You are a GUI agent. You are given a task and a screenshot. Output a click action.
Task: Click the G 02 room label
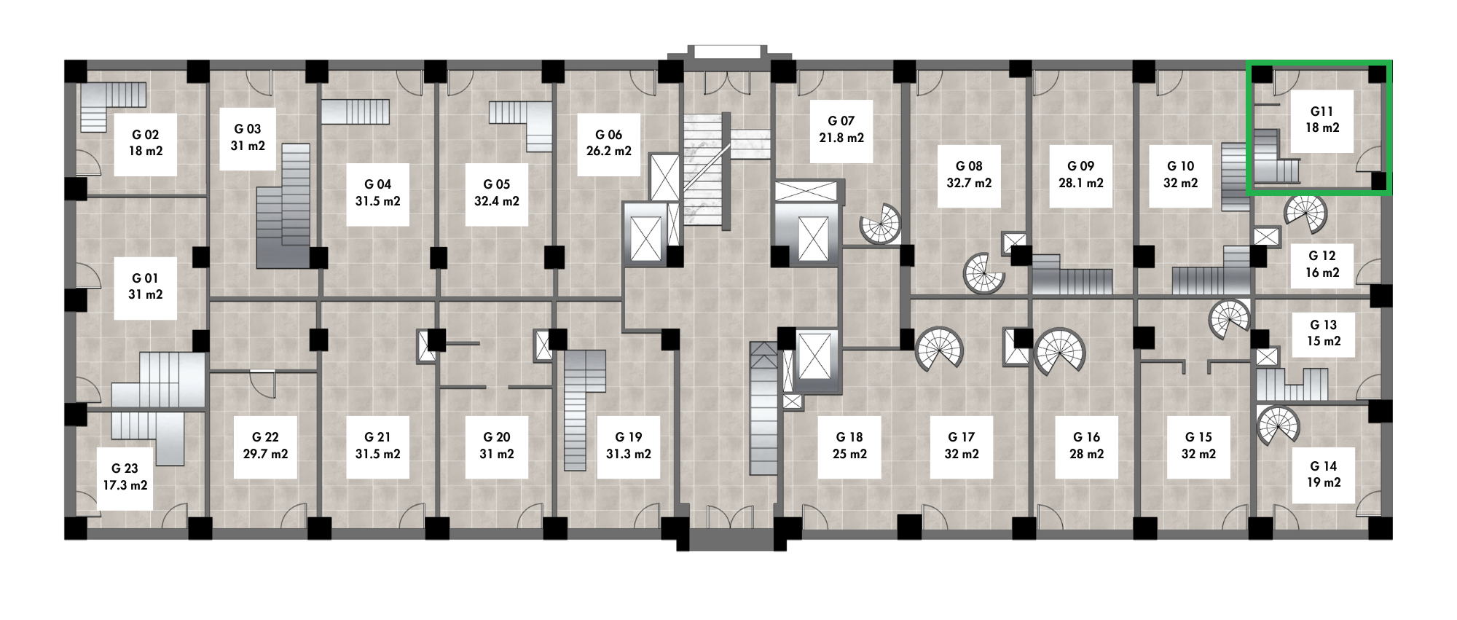(x=146, y=144)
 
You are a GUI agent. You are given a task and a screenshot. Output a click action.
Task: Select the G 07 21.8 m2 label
(x=841, y=130)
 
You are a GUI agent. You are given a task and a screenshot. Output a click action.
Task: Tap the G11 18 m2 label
(x=1321, y=120)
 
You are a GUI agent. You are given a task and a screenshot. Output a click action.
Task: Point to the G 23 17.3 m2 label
(x=125, y=477)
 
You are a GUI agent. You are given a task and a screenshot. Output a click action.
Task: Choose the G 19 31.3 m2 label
(x=629, y=446)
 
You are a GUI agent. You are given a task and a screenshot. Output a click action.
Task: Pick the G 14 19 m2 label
(x=1324, y=474)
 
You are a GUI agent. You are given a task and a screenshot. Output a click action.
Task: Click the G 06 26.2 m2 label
(x=609, y=144)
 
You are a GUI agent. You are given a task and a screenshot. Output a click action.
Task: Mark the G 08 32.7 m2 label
(x=969, y=175)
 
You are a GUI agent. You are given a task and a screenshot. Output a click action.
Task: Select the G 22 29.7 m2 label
(x=265, y=446)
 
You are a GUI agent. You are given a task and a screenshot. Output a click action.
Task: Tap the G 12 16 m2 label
(x=1322, y=264)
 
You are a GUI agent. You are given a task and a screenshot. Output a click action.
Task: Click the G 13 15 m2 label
(x=1324, y=333)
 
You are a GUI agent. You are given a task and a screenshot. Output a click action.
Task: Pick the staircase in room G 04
(x=356, y=112)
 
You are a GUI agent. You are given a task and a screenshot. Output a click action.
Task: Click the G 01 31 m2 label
(x=146, y=287)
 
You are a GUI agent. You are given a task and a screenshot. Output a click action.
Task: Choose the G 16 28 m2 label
(x=1086, y=446)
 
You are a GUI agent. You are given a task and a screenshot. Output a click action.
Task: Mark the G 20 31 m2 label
(x=497, y=446)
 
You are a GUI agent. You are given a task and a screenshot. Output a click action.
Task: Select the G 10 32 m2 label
(x=1180, y=175)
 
